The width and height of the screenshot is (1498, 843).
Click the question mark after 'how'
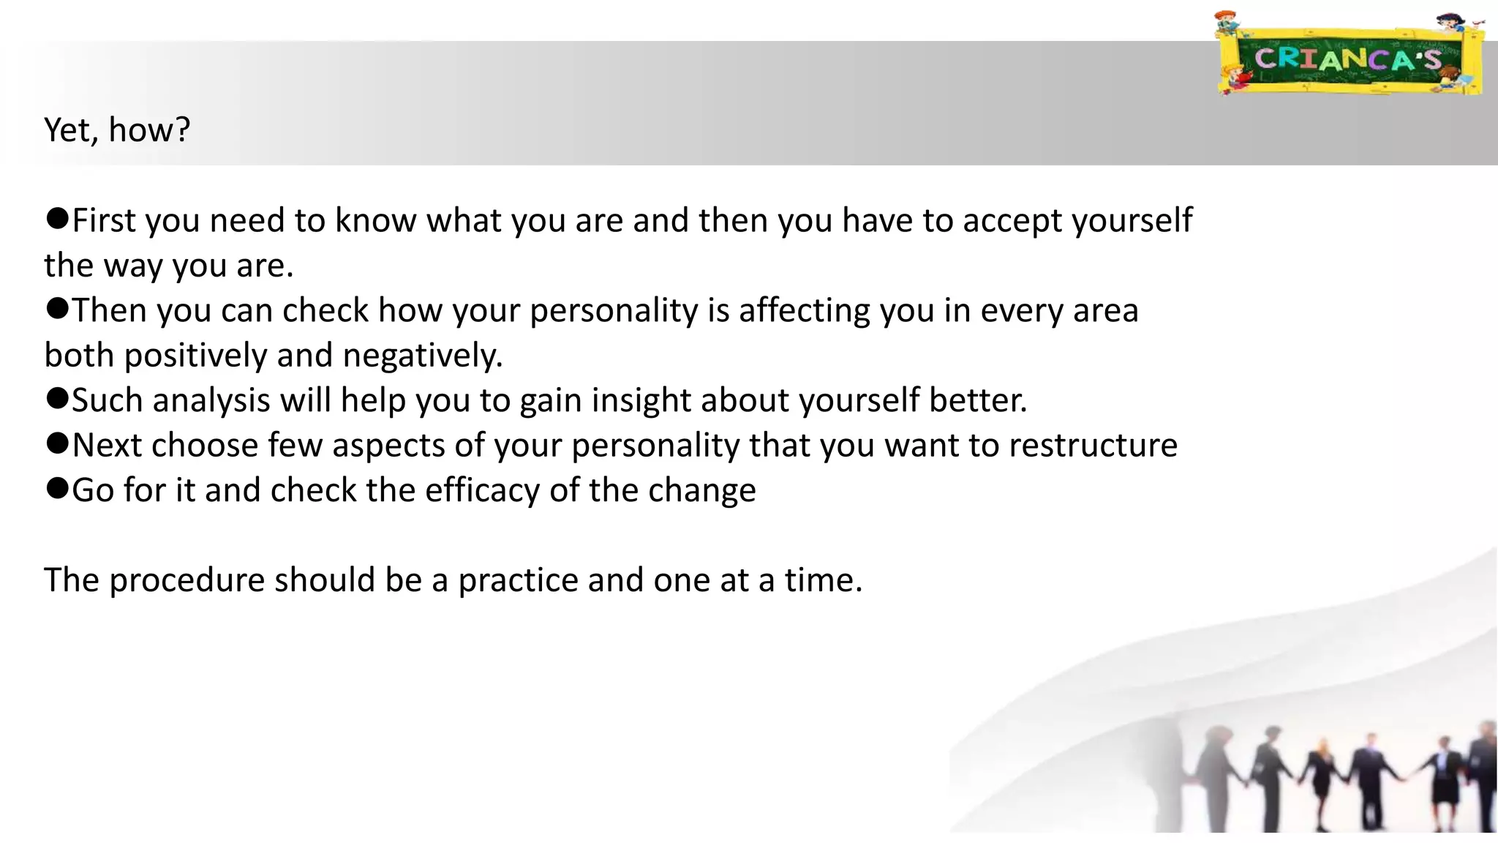click(x=182, y=130)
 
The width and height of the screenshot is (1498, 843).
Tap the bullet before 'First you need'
click(x=57, y=218)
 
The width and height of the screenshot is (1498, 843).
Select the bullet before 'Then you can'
click(x=57, y=308)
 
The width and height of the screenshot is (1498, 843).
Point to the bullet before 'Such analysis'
click(x=57, y=398)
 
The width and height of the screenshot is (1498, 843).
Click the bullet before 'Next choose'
click(x=57, y=443)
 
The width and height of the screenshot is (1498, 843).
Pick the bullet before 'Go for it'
click(x=57, y=488)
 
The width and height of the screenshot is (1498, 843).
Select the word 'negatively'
click(x=422, y=356)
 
